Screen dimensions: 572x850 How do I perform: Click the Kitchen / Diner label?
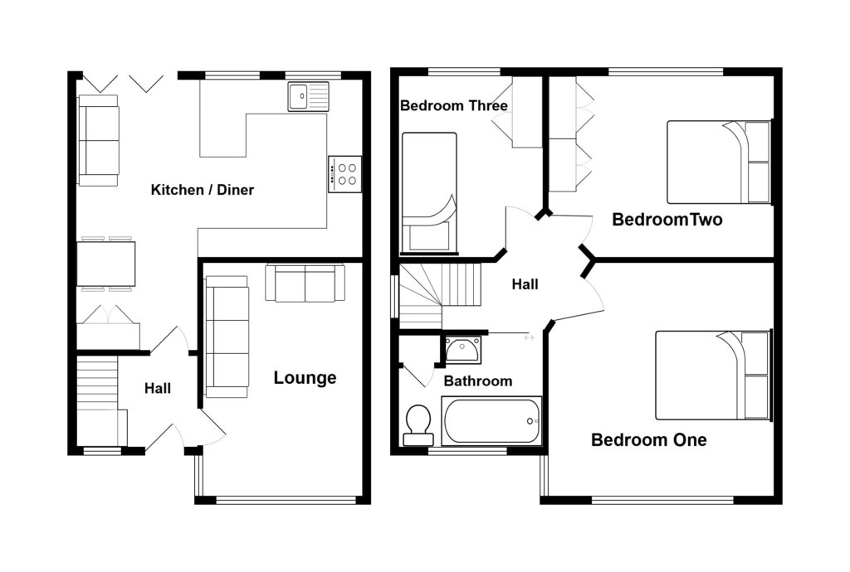(202, 191)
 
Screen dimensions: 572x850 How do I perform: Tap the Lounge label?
(305, 379)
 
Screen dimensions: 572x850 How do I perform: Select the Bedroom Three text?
(453, 106)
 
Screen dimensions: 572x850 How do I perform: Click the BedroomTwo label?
(667, 221)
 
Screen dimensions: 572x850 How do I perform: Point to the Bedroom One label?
(648, 440)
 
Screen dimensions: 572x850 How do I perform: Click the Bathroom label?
(477, 381)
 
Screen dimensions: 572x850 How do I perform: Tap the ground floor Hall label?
(158, 388)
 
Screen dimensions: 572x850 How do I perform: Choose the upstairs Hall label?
(525, 285)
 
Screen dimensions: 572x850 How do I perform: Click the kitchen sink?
(308, 96)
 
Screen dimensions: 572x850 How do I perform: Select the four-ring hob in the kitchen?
(344, 174)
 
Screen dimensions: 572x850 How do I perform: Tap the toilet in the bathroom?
(417, 424)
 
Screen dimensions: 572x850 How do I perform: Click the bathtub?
(492, 421)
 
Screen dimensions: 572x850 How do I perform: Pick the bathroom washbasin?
(462, 350)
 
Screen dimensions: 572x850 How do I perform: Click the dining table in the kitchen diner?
(106, 264)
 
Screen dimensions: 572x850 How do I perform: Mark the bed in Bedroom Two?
(718, 162)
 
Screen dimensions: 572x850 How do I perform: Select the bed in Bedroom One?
(712, 376)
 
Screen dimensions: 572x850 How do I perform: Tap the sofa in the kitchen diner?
(98, 140)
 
